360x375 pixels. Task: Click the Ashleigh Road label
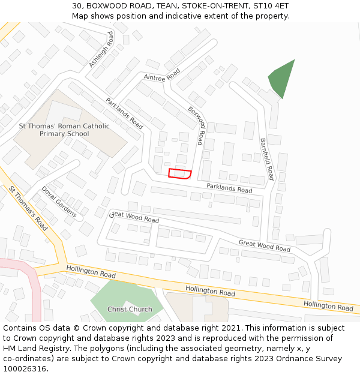coord(101,50)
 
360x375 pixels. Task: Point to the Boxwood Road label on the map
coord(200,127)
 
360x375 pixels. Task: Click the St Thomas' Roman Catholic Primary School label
coord(64,130)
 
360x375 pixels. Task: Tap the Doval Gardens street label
coord(59,201)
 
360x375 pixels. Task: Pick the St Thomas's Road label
coord(28,208)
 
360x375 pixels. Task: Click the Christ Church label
coord(130,310)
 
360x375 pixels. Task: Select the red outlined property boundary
coord(179,174)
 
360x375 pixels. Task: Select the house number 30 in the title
coord(77,6)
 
